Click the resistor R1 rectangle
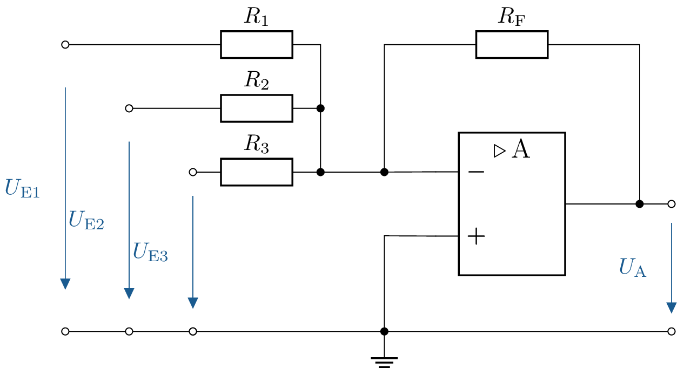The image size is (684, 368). (x=256, y=45)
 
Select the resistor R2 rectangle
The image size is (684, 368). (x=256, y=108)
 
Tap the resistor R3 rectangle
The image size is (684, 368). (x=256, y=172)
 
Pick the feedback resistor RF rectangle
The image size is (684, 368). (x=512, y=45)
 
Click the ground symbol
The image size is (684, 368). (x=384, y=361)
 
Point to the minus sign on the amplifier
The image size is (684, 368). (x=476, y=172)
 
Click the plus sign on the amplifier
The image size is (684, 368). (x=476, y=236)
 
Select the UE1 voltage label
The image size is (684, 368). (x=22, y=188)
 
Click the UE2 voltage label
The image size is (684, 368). (x=86, y=220)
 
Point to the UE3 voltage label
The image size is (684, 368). (x=150, y=252)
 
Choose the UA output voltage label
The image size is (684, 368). (x=633, y=268)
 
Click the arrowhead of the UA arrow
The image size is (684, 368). (x=672, y=307)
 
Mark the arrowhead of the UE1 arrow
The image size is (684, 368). (x=65, y=284)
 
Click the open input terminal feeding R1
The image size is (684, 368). (x=65, y=45)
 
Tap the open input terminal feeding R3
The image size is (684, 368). (x=193, y=172)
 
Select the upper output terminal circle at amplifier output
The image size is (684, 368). (x=672, y=204)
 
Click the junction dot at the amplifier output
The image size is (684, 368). (x=640, y=204)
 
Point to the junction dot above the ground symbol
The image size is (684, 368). (x=384, y=331)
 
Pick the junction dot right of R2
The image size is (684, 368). (x=320, y=108)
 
